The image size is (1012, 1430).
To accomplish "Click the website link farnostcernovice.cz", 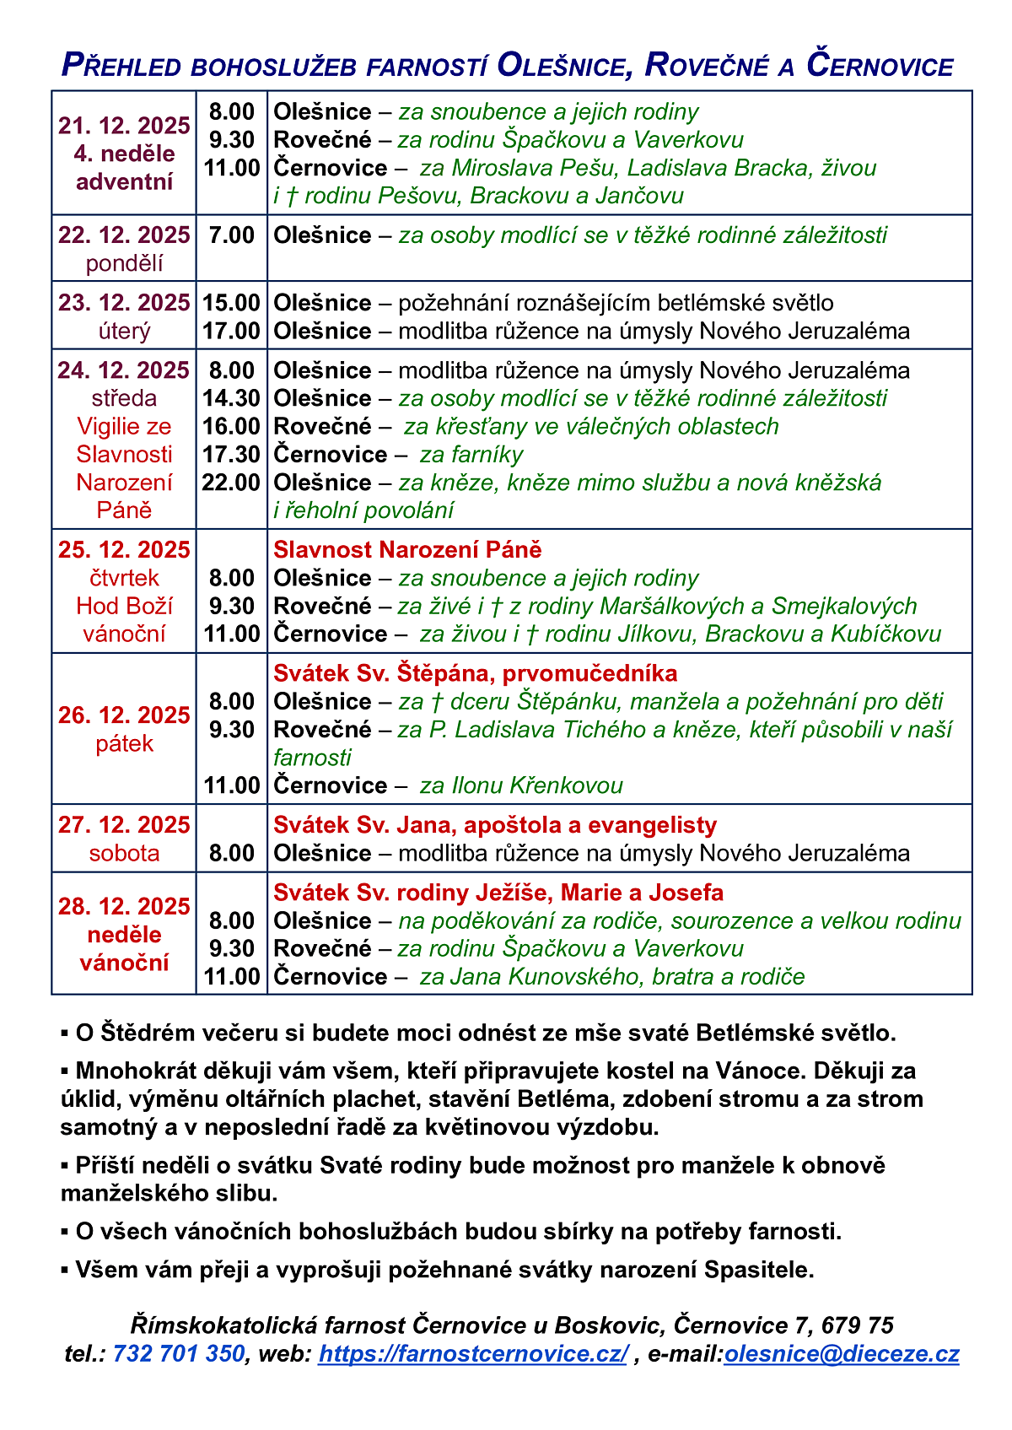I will [x=473, y=1353].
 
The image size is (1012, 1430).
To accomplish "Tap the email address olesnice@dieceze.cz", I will [x=842, y=1353].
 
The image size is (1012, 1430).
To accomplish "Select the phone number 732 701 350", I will [x=178, y=1353].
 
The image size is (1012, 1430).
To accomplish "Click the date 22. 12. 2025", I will [x=124, y=235].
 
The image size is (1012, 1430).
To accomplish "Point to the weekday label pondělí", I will [x=124, y=263].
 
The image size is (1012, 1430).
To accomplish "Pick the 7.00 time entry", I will [x=231, y=235].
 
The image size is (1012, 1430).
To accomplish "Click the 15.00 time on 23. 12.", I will [x=231, y=303].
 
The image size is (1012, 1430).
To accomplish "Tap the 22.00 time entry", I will [x=231, y=483].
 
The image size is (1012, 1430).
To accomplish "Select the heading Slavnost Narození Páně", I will [x=407, y=550].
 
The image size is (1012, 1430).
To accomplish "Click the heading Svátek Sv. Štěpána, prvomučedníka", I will [x=475, y=673].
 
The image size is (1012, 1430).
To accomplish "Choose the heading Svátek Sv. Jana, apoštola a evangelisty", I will [x=495, y=825].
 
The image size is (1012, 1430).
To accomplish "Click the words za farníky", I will [x=471, y=455].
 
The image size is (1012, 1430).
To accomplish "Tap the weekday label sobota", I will [x=124, y=853].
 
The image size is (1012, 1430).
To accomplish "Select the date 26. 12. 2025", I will [x=124, y=715].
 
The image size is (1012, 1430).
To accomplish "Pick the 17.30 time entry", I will [x=231, y=455].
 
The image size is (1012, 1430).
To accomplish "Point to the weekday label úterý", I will [x=124, y=331].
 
